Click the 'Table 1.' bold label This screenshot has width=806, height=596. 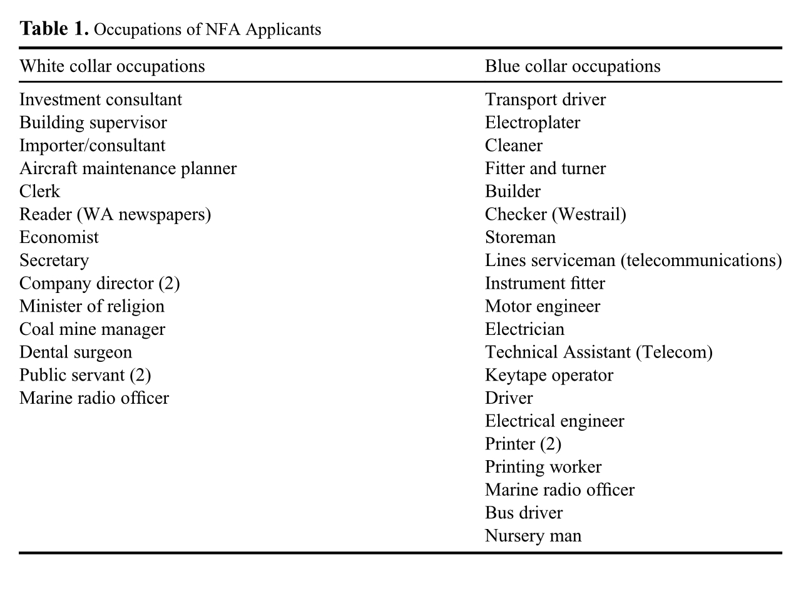(x=54, y=29)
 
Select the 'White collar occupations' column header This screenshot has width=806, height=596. (x=112, y=66)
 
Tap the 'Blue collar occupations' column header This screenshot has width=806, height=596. (x=573, y=66)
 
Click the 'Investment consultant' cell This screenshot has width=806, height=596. (x=101, y=100)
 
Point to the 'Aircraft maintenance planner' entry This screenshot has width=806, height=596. (x=128, y=168)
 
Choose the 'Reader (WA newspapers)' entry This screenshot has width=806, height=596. (x=115, y=215)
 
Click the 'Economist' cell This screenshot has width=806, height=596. (x=59, y=237)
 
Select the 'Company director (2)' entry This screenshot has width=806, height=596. (x=99, y=284)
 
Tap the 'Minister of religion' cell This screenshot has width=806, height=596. (x=92, y=306)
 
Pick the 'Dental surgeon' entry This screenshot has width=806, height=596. (x=76, y=352)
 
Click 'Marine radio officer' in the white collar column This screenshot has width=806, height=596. (x=94, y=398)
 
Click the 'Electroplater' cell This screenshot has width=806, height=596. (x=533, y=123)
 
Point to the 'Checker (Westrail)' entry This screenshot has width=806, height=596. (x=555, y=215)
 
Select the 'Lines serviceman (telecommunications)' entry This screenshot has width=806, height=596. (x=633, y=260)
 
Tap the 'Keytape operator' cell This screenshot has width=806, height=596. (x=549, y=375)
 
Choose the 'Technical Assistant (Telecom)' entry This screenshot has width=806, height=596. (x=599, y=352)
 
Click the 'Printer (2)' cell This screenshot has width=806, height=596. (x=523, y=444)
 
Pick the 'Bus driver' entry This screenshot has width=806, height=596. (x=524, y=513)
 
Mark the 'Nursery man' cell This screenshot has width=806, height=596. (x=533, y=536)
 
